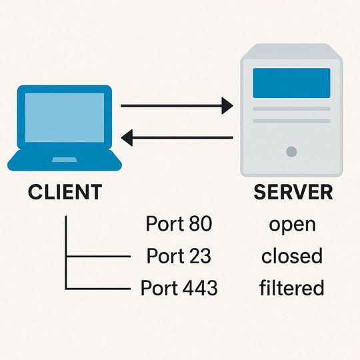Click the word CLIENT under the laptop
tap(65, 192)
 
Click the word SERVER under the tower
tap(293, 192)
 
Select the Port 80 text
tap(179, 224)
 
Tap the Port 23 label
tap(179, 256)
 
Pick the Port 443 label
tap(179, 288)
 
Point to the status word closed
tap(292, 256)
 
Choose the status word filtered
tap(292, 288)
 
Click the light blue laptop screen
tap(64, 117)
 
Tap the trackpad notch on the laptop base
tap(64, 159)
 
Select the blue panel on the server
tap(291, 83)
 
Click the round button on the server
tap(291, 152)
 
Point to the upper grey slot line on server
tap(291, 109)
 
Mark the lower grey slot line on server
tap(291, 121)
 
